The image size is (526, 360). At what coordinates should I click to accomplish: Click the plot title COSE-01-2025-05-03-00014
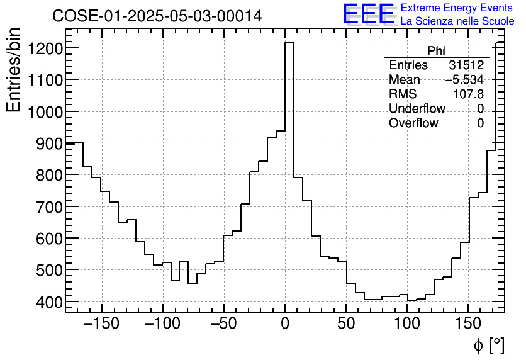tap(157, 16)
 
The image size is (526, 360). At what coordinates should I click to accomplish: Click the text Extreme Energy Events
tap(457, 8)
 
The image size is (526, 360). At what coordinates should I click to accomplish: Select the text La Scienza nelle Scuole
tap(457, 21)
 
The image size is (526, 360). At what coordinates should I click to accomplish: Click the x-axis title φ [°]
tap(488, 345)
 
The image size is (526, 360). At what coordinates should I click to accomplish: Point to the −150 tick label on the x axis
tap(100, 325)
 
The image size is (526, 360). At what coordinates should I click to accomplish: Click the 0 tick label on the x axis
tap(285, 325)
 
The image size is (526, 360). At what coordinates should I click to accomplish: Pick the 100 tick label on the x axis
tap(408, 325)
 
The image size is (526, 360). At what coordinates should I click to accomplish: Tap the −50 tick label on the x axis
tap(223, 325)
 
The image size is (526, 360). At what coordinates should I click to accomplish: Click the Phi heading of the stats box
tap(436, 51)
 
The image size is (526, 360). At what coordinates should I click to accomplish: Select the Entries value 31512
tap(466, 65)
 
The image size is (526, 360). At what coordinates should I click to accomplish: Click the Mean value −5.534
tap(464, 80)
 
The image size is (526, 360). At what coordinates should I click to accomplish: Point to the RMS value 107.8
tap(468, 94)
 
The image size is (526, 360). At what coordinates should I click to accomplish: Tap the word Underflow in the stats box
tap(413, 109)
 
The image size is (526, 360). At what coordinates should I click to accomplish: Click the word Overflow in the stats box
tap(413, 123)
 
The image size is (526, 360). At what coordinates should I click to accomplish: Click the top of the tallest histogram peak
tap(289, 43)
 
